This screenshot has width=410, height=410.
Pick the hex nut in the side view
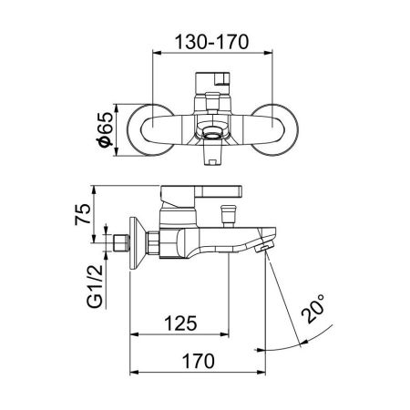click(x=155, y=243)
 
